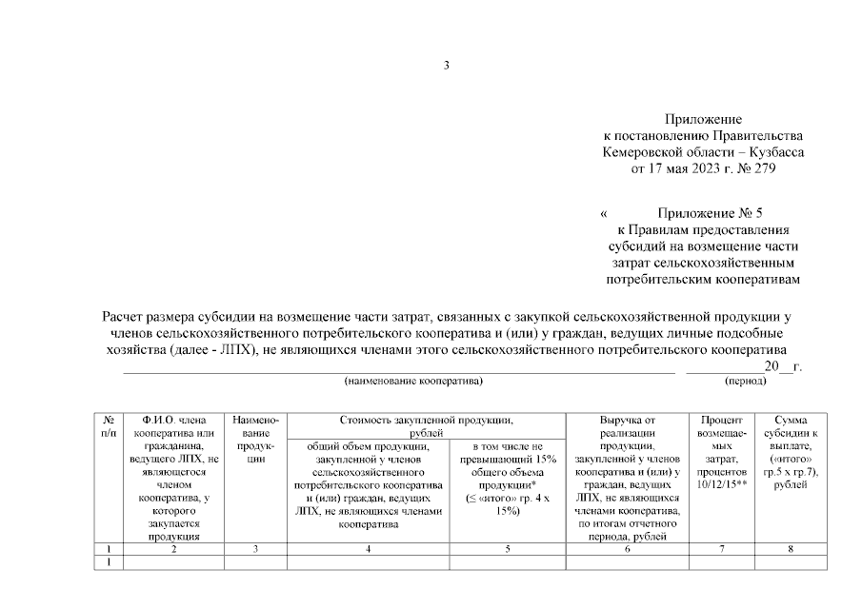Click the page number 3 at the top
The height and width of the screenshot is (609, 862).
[446, 65]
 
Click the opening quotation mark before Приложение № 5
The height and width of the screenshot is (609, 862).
[603, 214]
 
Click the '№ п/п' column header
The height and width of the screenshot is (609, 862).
[109, 425]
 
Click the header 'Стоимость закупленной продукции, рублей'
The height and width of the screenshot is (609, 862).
[427, 424]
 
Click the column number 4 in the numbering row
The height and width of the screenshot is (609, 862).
[367, 549]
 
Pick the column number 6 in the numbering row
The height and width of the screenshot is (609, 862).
[628, 549]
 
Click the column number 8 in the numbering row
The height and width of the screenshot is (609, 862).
[792, 549]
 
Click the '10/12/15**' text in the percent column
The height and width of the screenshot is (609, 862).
[721, 484]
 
